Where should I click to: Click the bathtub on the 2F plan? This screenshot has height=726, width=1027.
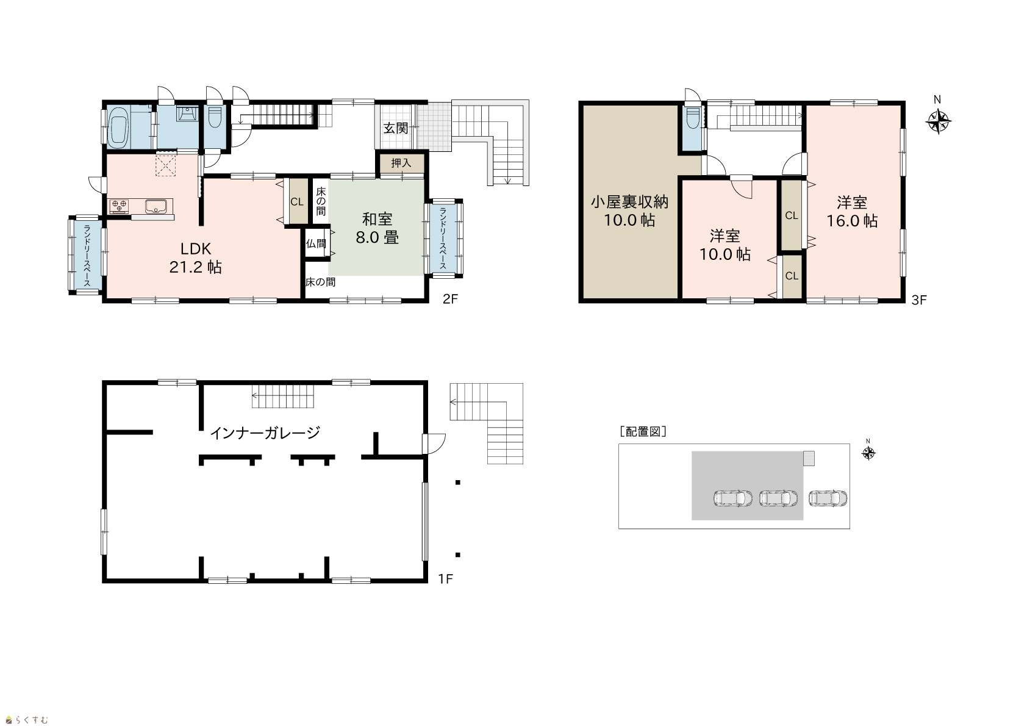(x=118, y=128)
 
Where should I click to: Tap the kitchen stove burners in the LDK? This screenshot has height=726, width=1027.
(x=119, y=206)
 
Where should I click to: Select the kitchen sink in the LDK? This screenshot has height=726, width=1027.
(x=159, y=206)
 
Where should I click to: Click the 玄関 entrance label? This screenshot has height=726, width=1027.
(x=396, y=128)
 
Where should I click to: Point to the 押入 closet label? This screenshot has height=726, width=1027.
(x=401, y=163)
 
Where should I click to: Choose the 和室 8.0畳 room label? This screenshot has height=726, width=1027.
(x=378, y=228)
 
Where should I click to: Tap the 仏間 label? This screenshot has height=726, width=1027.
(x=316, y=243)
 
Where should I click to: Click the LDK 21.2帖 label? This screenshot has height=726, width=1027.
(x=196, y=257)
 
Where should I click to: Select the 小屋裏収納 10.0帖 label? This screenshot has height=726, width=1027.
(x=629, y=211)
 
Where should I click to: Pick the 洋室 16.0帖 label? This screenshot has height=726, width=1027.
(x=852, y=212)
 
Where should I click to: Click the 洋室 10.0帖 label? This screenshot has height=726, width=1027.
(x=725, y=245)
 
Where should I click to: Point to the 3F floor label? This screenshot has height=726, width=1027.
(x=919, y=300)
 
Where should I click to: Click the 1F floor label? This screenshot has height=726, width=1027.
(x=445, y=579)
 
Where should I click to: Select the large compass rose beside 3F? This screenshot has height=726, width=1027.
(x=939, y=121)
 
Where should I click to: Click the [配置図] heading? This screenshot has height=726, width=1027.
(x=643, y=431)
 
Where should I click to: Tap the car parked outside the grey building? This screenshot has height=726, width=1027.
(x=828, y=498)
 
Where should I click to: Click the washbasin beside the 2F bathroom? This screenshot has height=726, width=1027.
(x=187, y=113)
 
